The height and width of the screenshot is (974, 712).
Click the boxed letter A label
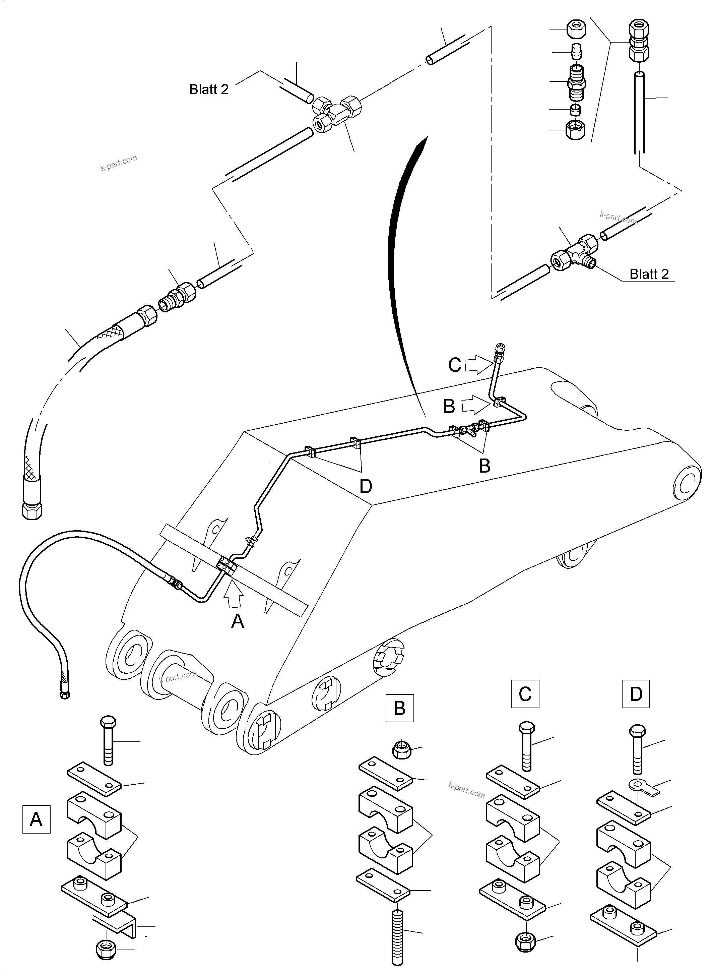pyautogui.click(x=36, y=819)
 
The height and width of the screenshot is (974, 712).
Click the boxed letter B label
pyautogui.click(x=399, y=708)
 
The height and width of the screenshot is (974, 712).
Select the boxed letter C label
pyautogui.click(x=525, y=694)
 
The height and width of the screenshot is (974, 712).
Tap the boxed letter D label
pyautogui.click(x=636, y=694)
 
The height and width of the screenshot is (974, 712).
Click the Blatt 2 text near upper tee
pyautogui.click(x=209, y=89)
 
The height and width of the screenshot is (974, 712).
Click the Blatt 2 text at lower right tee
pyautogui.click(x=649, y=274)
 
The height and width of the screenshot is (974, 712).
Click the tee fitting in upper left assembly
pyautogui.click(x=336, y=111)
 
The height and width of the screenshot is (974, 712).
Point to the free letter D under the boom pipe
pyautogui.click(x=366, y=486)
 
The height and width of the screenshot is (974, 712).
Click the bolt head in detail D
pyautogui.click(x=637, y=730)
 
